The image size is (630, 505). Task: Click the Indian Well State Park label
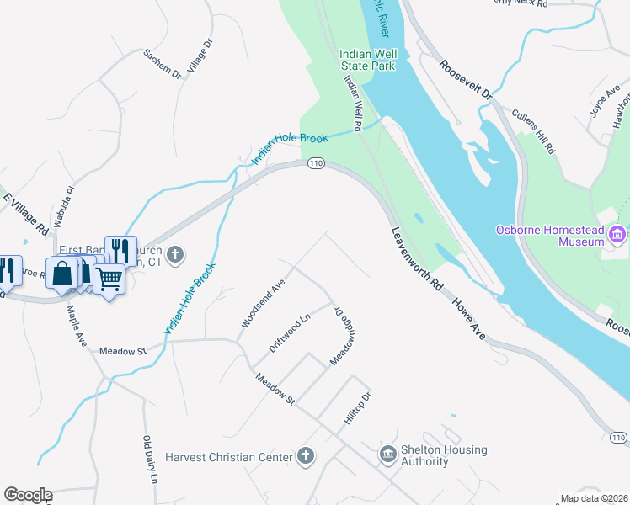point(367,59)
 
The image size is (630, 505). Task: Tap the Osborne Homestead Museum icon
point(618,233)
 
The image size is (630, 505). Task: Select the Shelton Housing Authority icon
point(388,455)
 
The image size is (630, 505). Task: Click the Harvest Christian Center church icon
point(306,456)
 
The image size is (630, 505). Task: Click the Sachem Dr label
point(163,64)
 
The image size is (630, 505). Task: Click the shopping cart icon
point(109,279)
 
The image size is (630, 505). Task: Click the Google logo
point(28,495)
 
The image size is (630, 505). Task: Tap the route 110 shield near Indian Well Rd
point(315,162)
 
